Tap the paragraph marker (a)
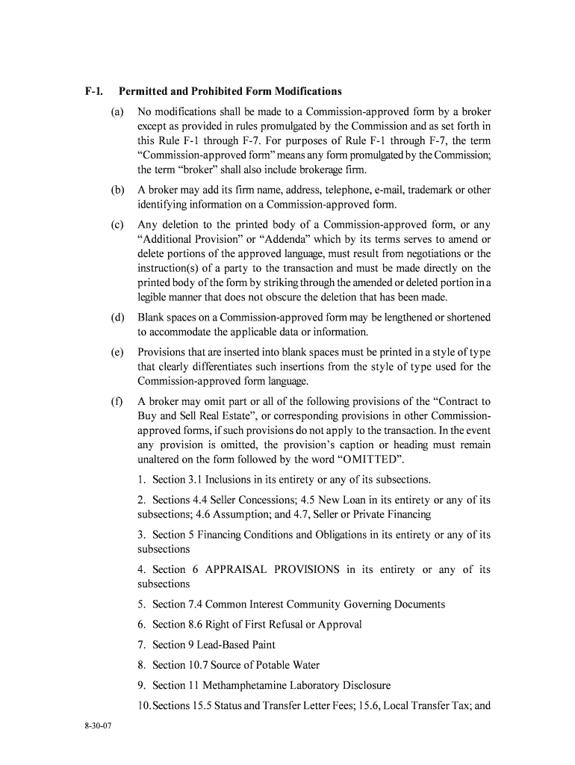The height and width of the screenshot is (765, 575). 117,111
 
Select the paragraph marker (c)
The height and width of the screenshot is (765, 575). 117,225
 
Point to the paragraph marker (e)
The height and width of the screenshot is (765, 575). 117,353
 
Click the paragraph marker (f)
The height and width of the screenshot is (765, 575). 117,401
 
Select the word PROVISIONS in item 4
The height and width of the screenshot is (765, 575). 306,569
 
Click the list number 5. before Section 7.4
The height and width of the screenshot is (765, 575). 141,604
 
